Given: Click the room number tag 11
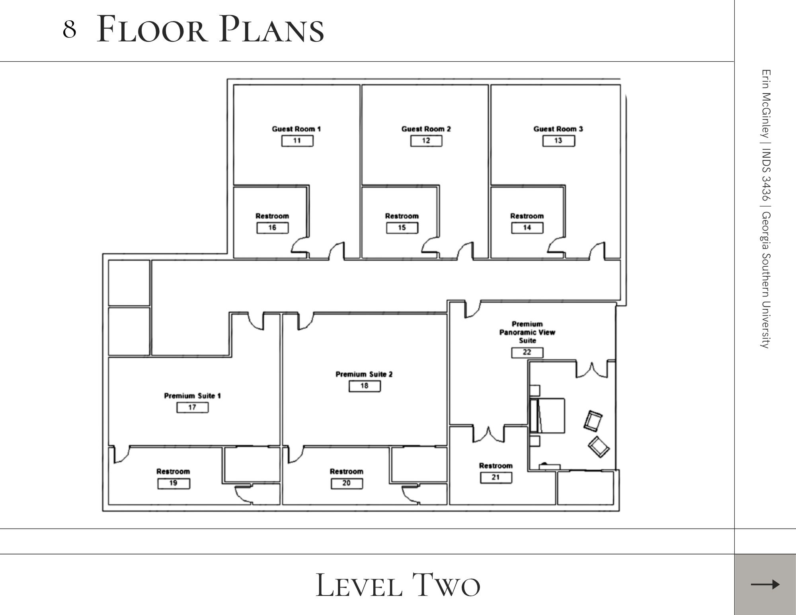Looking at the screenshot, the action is point(297,141).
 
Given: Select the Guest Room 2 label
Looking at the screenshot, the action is point(426,129).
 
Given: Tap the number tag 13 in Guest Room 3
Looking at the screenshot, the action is point(558,141).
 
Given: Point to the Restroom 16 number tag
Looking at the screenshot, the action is point(272,228).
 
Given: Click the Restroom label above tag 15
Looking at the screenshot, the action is point(402,216).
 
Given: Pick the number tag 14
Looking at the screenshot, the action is point(527,228).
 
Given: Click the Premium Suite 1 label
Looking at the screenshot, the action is point(192,396).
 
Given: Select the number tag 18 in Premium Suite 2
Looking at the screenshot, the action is point(365,386).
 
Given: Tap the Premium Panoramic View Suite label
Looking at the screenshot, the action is point(527,332).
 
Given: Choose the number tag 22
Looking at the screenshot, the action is point(527,352).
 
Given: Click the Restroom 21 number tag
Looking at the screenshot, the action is point(496,477).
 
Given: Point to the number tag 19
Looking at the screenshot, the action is point(174,483).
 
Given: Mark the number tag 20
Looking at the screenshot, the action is point(347,483).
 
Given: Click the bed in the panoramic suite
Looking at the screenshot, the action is point(547,416).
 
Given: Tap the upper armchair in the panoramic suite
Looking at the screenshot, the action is point(593,421).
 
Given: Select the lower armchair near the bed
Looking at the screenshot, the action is point(599,447).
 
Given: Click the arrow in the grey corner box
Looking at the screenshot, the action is point(765,584).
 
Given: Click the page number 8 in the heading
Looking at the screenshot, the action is point(69,29).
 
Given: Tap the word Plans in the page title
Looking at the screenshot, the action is point(272,29).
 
